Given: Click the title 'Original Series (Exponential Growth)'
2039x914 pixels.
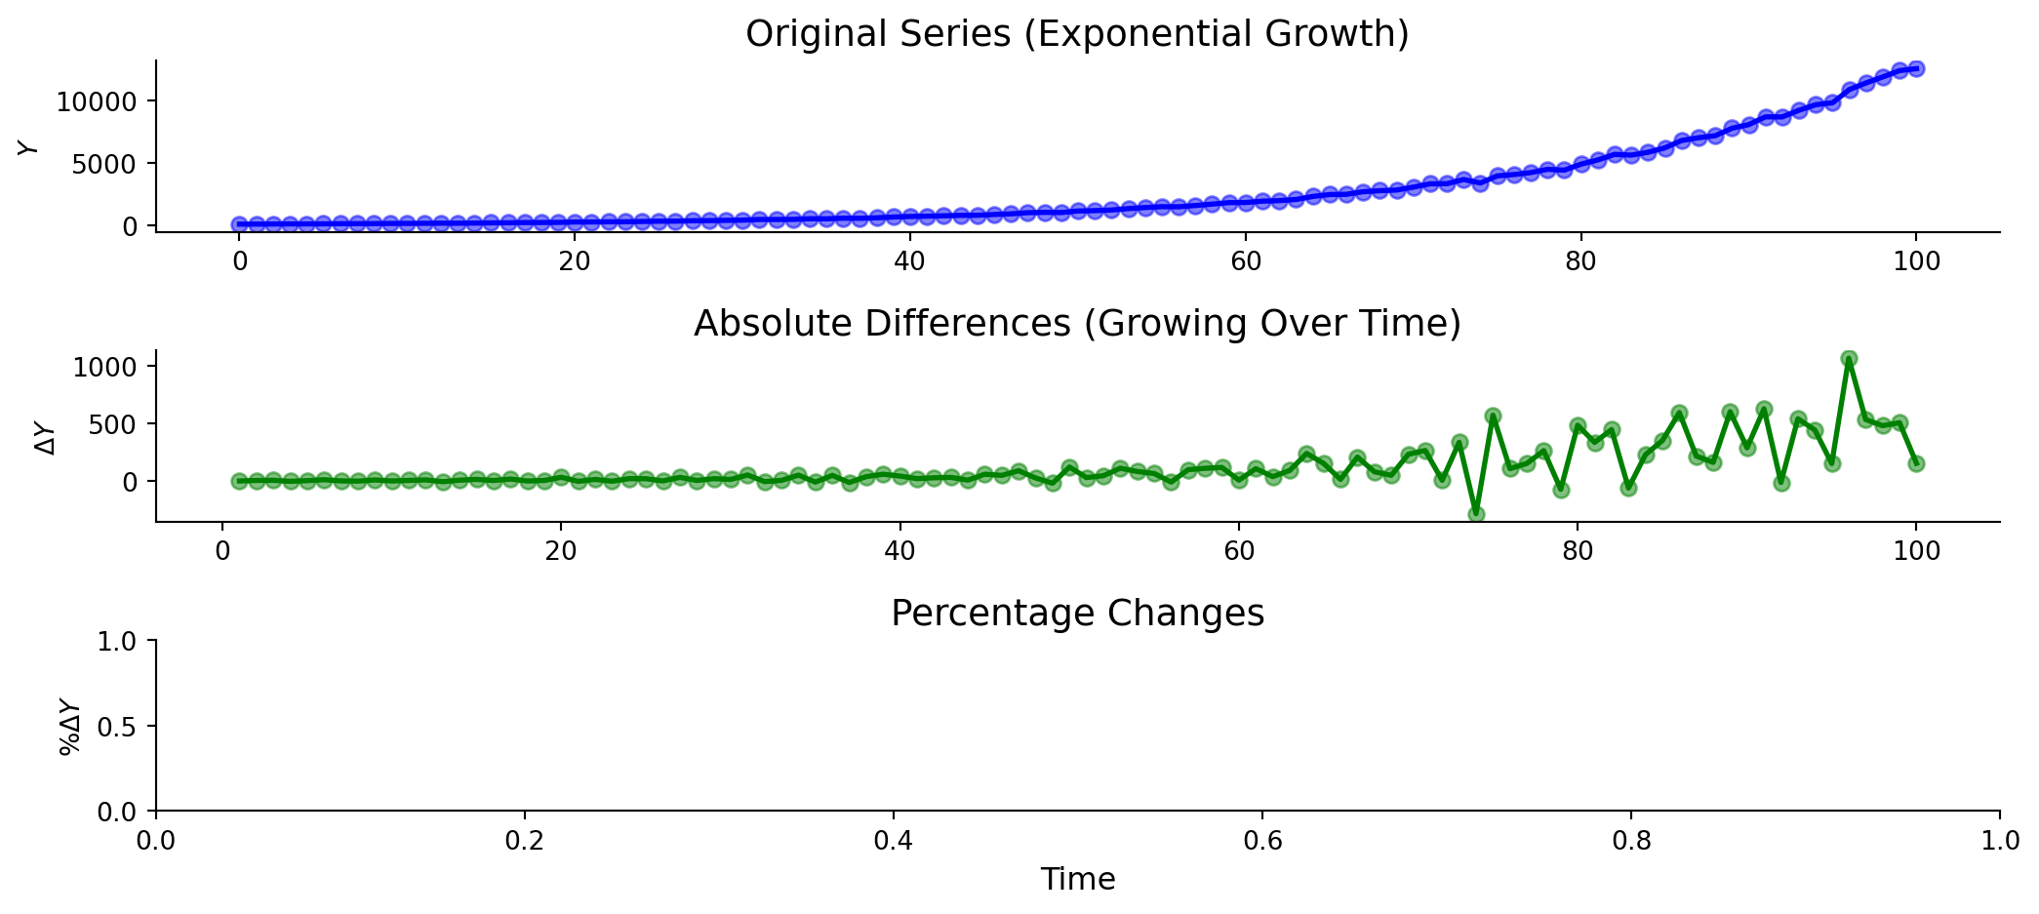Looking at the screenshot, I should pyautogui.click(x=1077, y=34).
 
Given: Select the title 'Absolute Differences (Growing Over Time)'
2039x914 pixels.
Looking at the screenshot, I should pyautogui.click(x=1077, y=324).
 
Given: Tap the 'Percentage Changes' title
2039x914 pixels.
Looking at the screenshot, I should pyautogui.click(x=1077, y=614).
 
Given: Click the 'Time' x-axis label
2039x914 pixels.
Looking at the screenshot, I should pyautogui.click(x=1077, y=880).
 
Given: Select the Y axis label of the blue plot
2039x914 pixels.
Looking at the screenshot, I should pyautogui.click(x=29, y=147).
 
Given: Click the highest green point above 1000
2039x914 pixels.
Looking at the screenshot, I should pyautogui.click(x=1848, y=359).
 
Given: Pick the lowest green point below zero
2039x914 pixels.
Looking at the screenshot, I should pyautogui.click(x=1476, y=514).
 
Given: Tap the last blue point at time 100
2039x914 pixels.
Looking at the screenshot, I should pyautogui.click(x=1916, y=68).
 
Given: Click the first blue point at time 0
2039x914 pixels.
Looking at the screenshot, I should pyautogui.click(x=239, y=224).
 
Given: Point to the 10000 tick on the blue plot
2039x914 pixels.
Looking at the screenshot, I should pyautogui.click(x=97, y=101).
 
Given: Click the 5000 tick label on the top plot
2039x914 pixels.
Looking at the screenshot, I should pyautogui.click(x=104, y=164).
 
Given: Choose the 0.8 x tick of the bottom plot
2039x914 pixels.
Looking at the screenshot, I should pyautogui.click(x=1631, y=841).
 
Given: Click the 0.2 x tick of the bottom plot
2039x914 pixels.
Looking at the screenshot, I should pyautogui.click(x=525, y=841).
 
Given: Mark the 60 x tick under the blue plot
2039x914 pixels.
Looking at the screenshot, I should pyautogui.click(x=1246, y=261).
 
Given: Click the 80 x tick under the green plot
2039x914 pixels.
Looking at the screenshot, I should pyautogui.click(x=1578, y=551).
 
